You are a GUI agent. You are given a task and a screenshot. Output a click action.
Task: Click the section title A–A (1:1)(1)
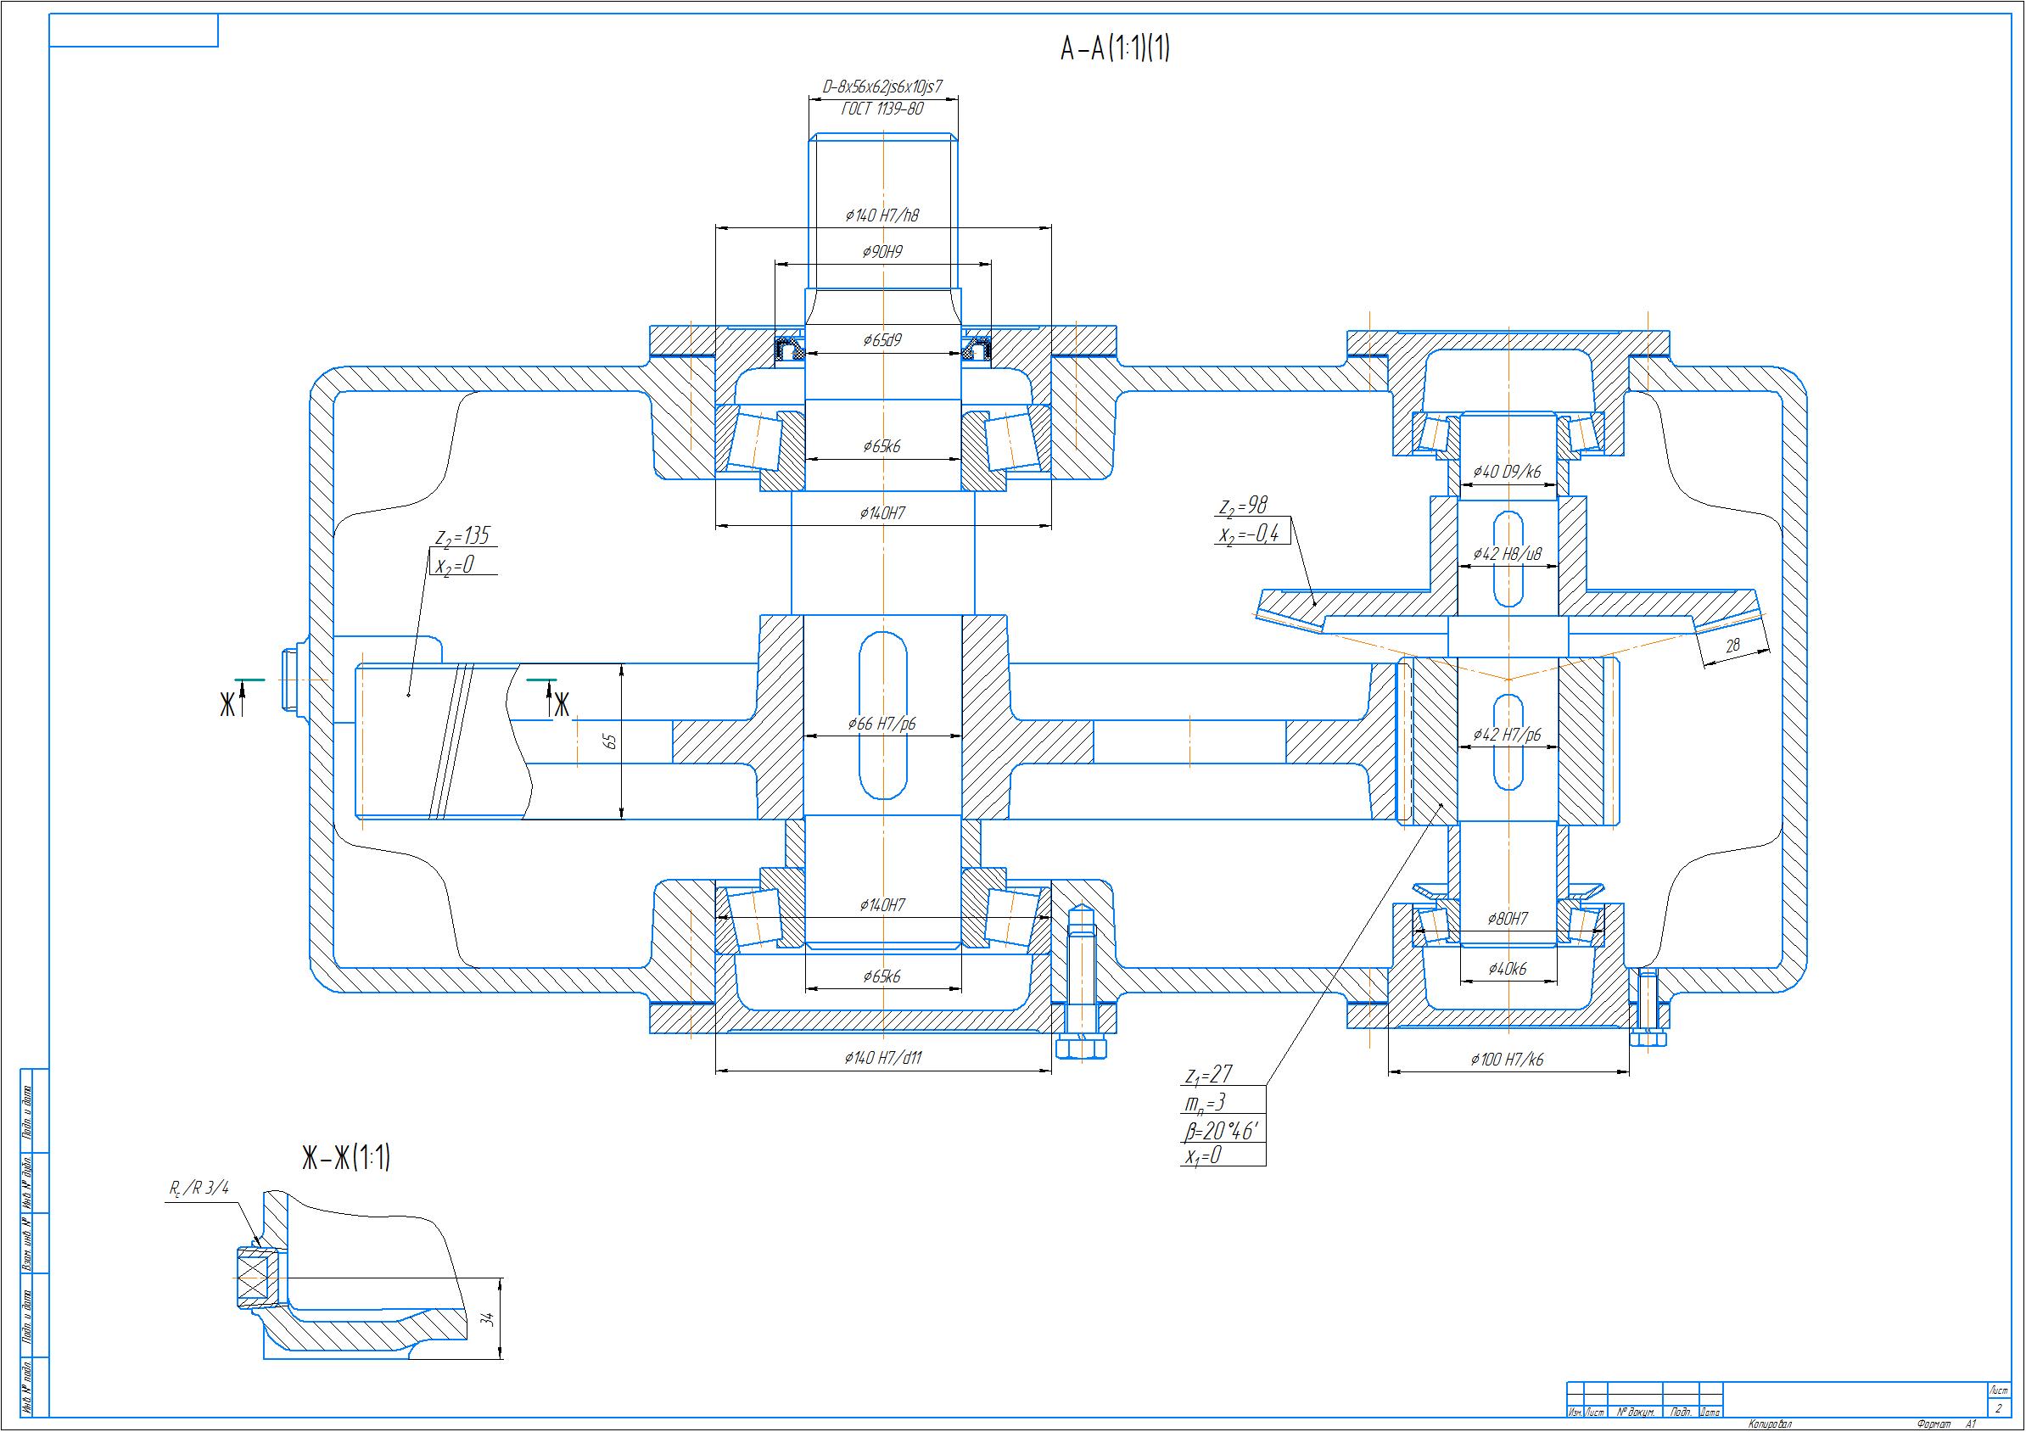(1115, 48)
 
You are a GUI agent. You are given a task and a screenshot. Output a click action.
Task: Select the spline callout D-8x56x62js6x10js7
(882, 87)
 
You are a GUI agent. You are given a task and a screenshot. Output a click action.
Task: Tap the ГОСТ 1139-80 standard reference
(882, 109)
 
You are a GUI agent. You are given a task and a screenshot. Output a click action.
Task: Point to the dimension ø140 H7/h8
(882, 215)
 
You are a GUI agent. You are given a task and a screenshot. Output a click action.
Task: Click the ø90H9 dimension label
(882, 252)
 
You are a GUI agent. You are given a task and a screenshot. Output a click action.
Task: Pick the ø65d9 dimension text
(882, 340)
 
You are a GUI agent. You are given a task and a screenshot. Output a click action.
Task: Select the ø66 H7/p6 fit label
(882, 724)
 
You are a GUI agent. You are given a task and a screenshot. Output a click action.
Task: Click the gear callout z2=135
(462, 535)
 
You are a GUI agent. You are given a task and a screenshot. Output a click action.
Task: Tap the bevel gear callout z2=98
(1242, 506)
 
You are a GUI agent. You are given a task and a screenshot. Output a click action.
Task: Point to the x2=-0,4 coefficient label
(1248, 534)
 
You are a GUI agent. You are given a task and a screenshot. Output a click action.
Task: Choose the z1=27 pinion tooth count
(1208, 1076)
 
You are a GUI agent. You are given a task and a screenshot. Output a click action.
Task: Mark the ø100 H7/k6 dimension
(1507, 1060)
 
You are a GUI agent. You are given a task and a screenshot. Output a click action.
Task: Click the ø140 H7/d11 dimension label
(882, 1058)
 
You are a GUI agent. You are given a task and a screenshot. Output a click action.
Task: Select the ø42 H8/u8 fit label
(1507, 554)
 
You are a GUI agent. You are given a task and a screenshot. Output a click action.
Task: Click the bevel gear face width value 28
(1732, 646)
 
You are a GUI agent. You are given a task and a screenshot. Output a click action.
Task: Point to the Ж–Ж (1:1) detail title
(346, 1158)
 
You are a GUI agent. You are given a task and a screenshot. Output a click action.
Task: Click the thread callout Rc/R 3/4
(199, 1189)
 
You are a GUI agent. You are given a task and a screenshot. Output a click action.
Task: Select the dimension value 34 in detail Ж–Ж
(487, 1320)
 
